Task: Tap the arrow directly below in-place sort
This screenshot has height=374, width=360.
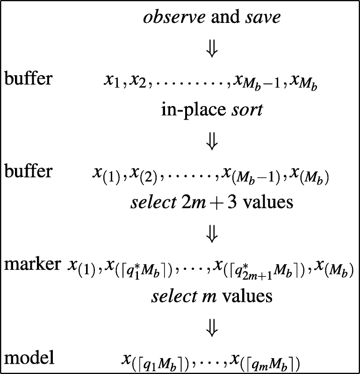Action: click(212, 141)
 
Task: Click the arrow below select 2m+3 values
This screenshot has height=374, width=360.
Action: click(212, 234)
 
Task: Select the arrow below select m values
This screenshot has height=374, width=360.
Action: click(212, 328)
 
